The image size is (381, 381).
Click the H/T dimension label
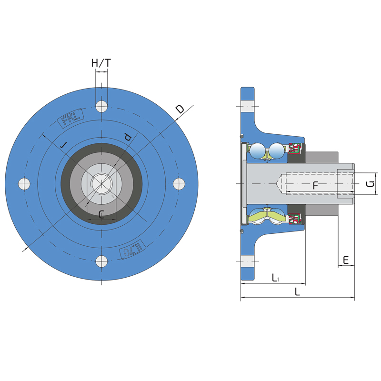click(x=101, y=63)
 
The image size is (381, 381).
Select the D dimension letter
click(x=180, y=109)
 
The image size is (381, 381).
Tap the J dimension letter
click(x=64, y=145)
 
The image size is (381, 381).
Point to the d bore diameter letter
click(x=128, y=137)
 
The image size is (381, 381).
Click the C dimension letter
click(x=101, y=214)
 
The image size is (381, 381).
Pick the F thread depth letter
click(x=315, y=185)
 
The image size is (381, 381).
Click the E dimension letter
click(x=346, y=260)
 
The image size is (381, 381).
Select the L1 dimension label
click(x=276, y=278)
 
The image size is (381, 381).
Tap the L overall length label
click(x=297, y=291)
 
